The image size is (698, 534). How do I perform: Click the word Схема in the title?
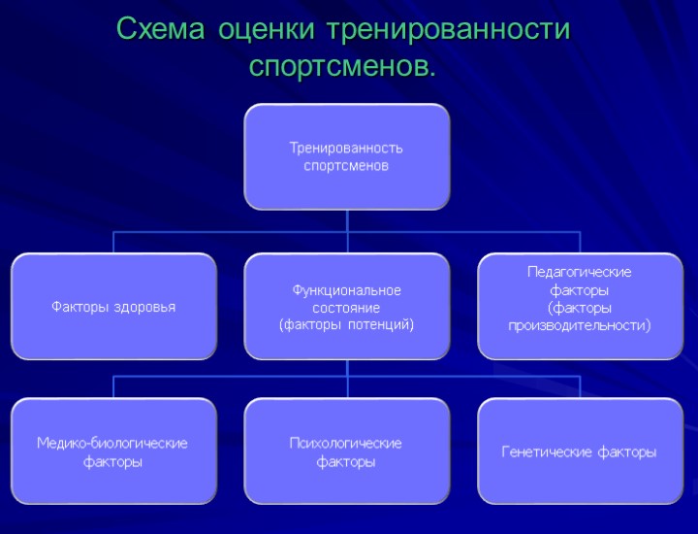160,30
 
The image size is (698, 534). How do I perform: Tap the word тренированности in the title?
448,30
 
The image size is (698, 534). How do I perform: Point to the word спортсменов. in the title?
342,67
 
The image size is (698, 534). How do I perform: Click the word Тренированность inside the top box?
346,149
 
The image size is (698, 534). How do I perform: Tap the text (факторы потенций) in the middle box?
346,324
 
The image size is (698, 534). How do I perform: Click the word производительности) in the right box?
580,325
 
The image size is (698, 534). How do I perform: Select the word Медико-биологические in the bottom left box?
112,444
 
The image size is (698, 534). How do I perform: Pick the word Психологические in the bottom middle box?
346,444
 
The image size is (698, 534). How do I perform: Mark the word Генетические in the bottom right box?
546,452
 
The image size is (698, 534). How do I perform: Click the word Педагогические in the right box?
580,272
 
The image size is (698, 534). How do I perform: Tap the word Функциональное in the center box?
346,290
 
